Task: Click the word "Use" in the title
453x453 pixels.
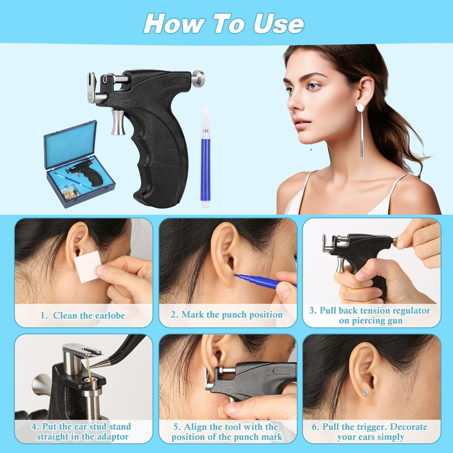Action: coord(279,24)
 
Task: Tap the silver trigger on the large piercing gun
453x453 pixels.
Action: coord(118,122)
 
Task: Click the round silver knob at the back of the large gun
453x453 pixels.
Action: coord(198,78)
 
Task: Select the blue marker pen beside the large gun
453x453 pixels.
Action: coord(205,158)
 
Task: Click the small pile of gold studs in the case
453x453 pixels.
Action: coord(71,193)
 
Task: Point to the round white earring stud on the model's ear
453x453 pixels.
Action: coord(360,108)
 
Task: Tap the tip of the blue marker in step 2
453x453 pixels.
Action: coord(235,275)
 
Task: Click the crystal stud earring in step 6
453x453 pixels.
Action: coord(366,393)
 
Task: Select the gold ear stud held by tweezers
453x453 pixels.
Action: coord(89,370)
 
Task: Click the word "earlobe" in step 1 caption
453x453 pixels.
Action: coord(110,315)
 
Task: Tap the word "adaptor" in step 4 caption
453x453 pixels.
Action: coord(113,437)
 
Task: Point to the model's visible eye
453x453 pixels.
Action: coord(313,86)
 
